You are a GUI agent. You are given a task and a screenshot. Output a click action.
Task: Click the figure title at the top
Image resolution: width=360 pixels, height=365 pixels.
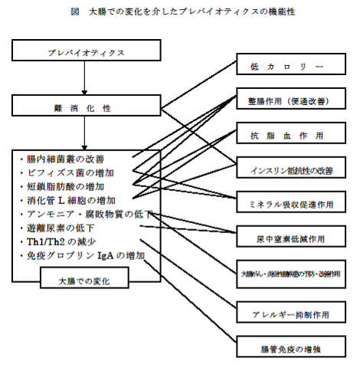pyautogui.click(x=181, y=12)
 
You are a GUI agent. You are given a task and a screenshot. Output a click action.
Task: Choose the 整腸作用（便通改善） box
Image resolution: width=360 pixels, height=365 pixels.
pyautogui.click(x=286, y=101)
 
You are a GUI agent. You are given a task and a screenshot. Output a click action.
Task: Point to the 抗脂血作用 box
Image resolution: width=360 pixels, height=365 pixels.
pyautogui.click(x=286, y=134)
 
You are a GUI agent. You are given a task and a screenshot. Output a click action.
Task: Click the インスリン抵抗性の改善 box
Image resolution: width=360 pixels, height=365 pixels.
pyautogui.click(x=286, y=168)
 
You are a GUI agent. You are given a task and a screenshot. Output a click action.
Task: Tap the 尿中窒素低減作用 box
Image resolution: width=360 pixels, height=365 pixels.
pyautogui.click(x=286, y=236)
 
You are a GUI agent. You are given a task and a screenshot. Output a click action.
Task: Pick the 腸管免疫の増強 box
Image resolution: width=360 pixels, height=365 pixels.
pyautogui.click(x=286, y=348)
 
